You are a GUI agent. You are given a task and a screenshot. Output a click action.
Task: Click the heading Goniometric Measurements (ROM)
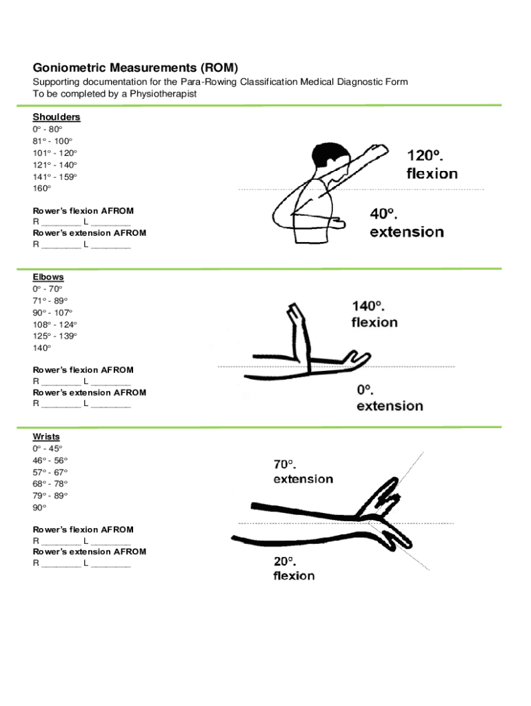click(135, 68)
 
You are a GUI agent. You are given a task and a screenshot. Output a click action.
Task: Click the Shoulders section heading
click(57, 117)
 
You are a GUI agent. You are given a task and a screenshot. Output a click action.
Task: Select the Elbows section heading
click(48, 277)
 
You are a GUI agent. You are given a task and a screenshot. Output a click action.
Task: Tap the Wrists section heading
click(46, 437)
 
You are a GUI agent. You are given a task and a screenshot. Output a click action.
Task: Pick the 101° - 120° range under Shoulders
click(55, 152)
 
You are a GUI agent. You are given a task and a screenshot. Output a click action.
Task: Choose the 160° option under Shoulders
click(42, 188)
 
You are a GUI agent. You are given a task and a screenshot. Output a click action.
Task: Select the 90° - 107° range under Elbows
click(52, 312)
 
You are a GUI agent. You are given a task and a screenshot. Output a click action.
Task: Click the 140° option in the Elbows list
click(42, 348)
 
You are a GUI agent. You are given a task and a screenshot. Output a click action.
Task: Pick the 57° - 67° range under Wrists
click(50, 472)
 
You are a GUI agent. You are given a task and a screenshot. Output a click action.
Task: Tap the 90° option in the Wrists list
click(40, 507)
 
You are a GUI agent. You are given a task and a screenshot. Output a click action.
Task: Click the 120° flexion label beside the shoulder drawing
click(431, 164)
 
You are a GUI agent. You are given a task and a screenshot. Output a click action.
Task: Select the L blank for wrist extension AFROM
click(110, 563)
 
